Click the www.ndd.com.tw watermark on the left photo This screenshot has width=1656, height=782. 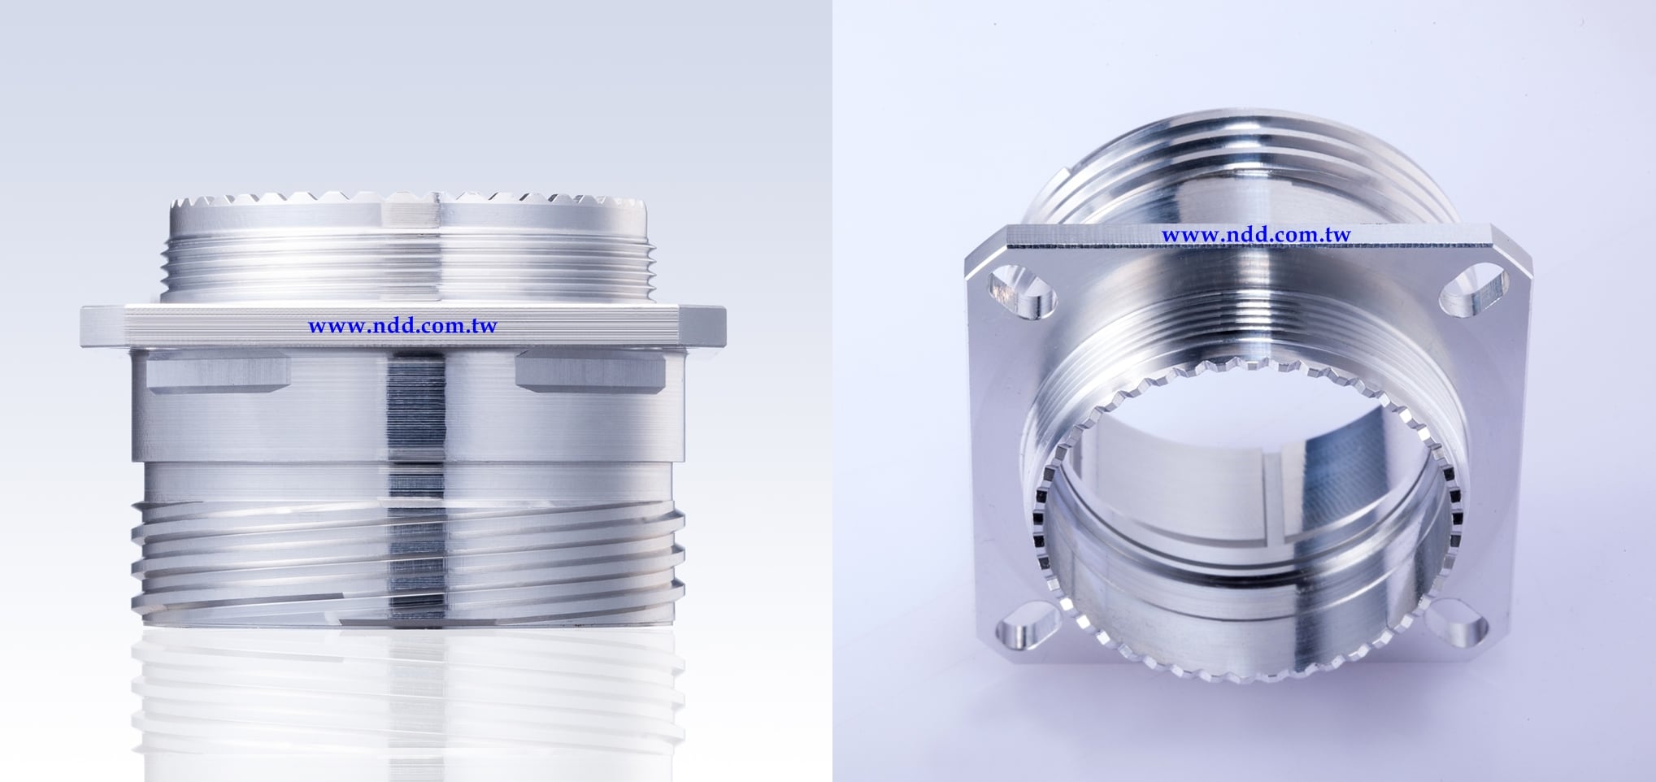(402, 326)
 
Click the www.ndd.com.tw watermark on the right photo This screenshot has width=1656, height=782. (1256, 235)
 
